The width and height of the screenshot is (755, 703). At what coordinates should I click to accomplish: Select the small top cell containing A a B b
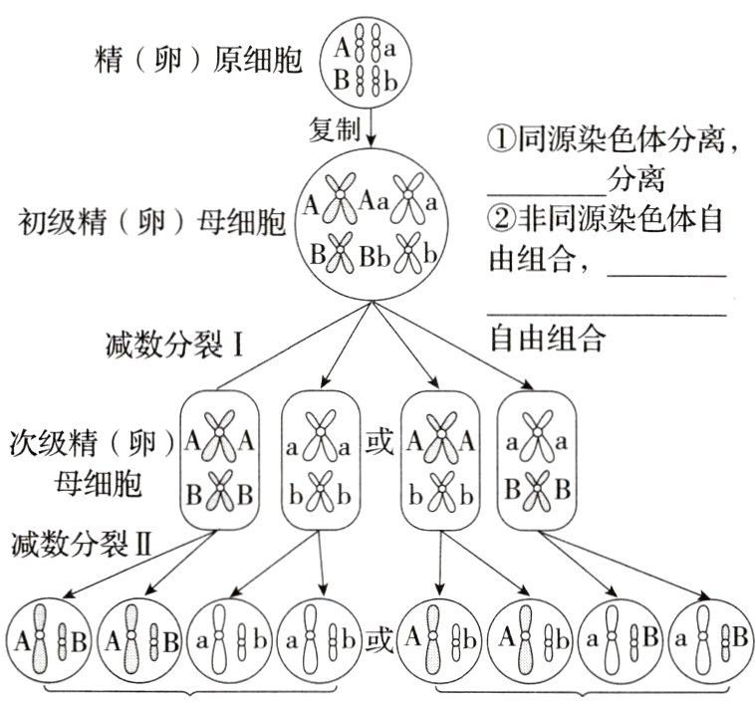pos(370,60)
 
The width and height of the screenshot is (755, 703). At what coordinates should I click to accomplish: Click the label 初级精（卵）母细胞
pos(150,222)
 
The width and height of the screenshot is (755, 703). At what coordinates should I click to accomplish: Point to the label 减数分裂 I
pos(175,345)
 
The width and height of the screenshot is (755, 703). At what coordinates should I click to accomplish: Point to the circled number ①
pos(501,140)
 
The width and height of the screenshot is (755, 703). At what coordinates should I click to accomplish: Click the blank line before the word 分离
pos(547,190)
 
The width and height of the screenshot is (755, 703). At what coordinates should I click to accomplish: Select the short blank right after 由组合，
pos(666,274)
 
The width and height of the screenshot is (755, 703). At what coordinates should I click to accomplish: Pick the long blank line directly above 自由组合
pos(607,315)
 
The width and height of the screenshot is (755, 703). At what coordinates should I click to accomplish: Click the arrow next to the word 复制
pos(371,128)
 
